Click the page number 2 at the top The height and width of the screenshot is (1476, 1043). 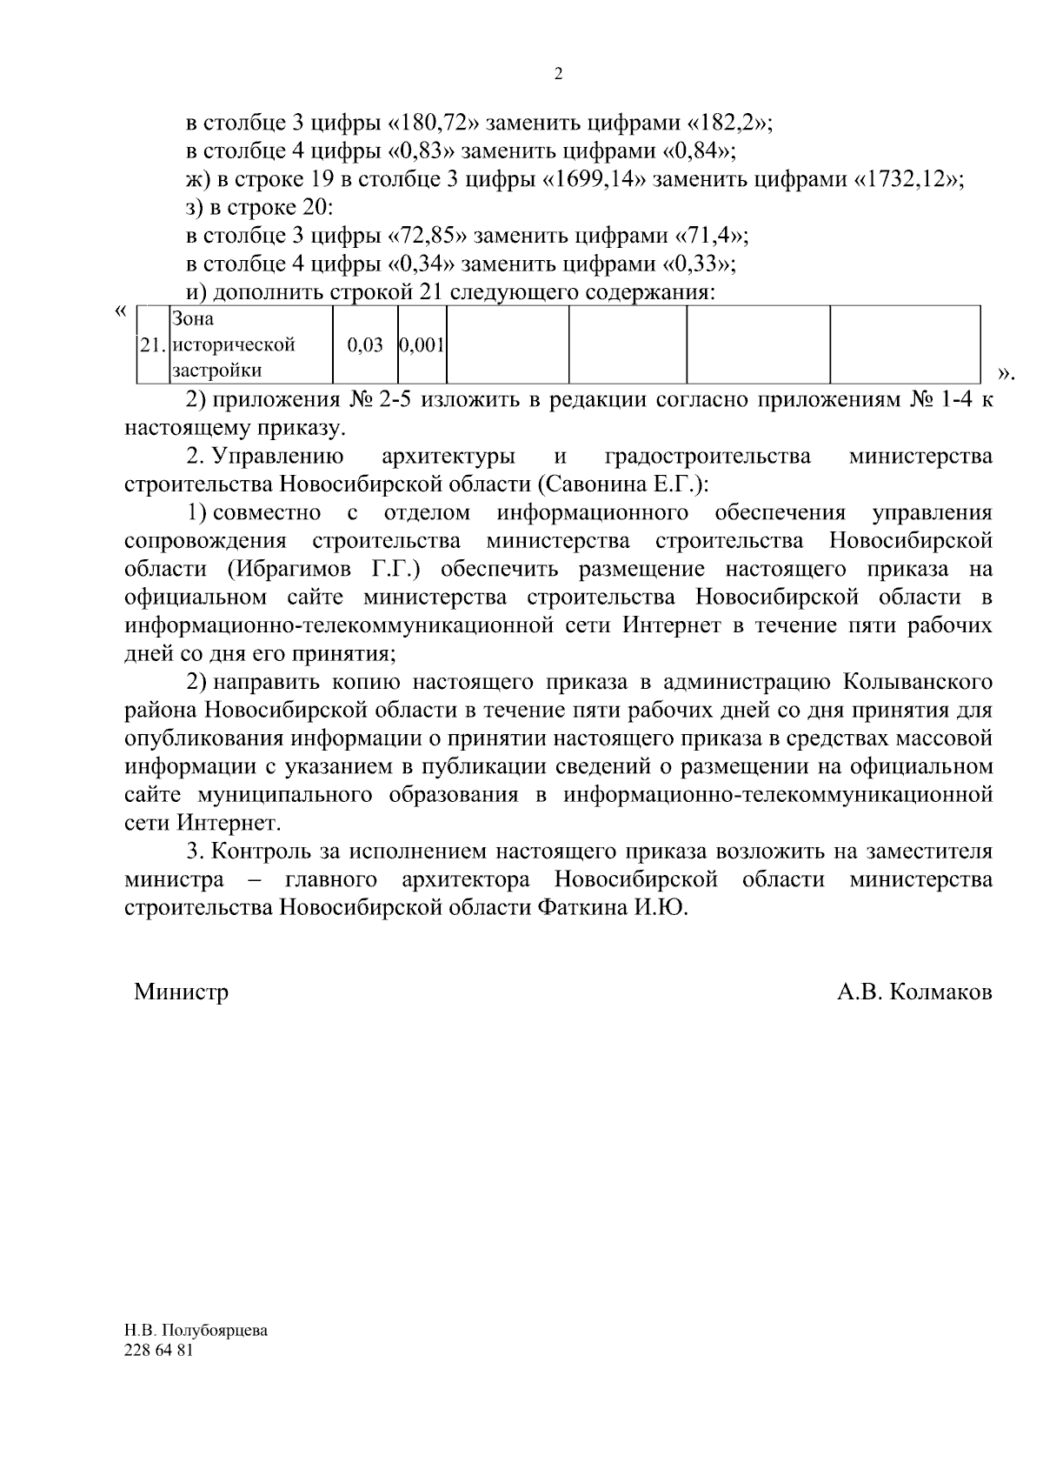(558, 75)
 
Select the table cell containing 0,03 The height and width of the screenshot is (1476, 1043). (365, 345)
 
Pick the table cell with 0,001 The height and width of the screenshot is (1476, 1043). (422, 345)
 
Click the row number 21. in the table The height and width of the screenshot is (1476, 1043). (152, 345)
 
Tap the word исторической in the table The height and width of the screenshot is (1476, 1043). (233, 345)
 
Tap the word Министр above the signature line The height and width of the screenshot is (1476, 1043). (181, 992)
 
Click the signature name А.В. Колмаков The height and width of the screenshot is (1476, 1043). (914, 992)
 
